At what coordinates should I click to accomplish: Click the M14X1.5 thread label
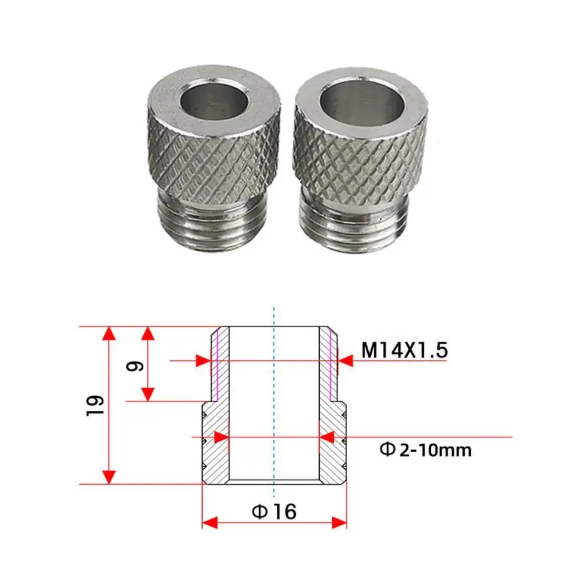(x=404, y=350)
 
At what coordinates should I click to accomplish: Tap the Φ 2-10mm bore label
(x=426, y=450)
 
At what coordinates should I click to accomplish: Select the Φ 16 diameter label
(x=274, y=512)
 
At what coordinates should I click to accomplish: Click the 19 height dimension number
(x=95, y=405)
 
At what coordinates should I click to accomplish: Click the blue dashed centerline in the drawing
(x=274, y=400)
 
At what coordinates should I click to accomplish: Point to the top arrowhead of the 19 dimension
(x=108, y=333)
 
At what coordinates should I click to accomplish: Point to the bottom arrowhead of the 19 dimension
(x=108, y=477)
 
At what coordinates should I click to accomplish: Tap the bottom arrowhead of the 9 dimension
(x=148, y=393)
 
